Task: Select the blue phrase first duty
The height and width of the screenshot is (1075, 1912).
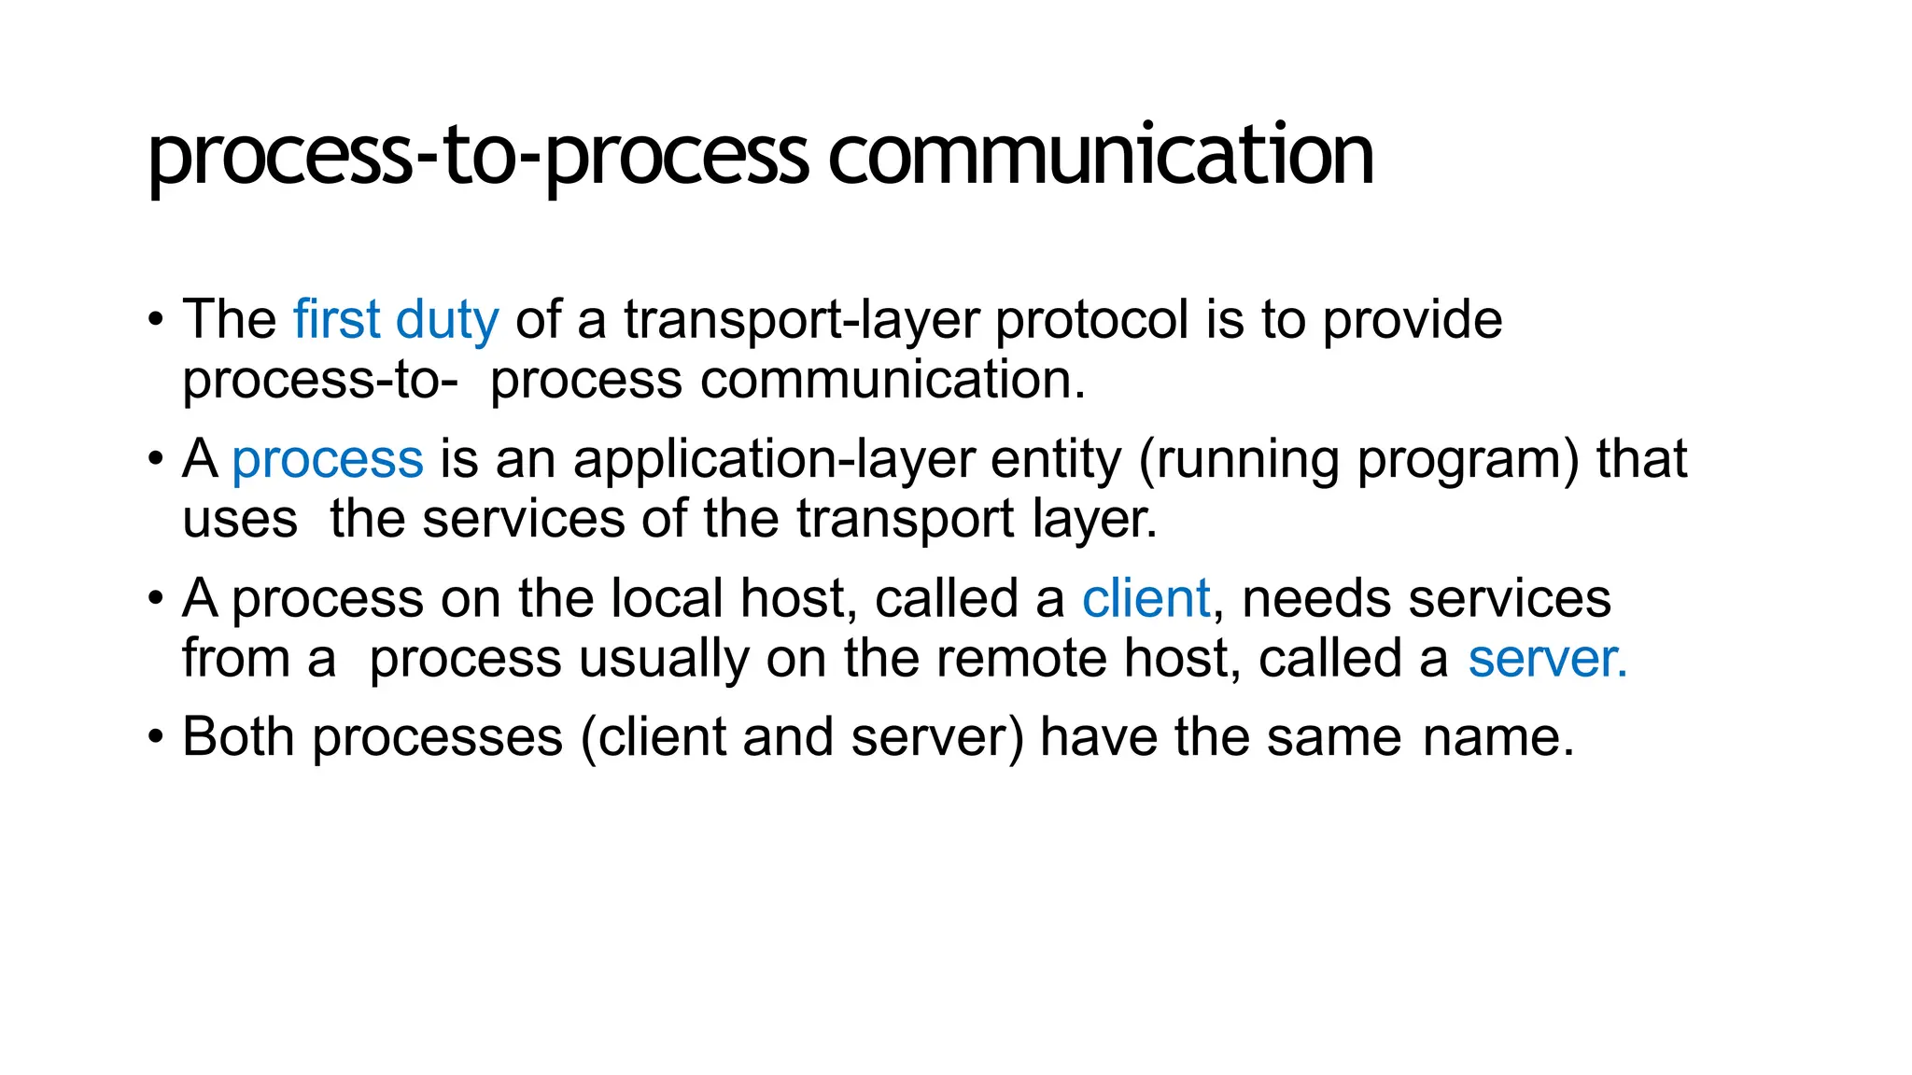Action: point(396,320)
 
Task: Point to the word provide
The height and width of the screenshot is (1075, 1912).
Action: point(1413,320)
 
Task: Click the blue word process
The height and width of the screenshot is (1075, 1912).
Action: point(327,460)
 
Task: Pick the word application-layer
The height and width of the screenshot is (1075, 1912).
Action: point(773,460)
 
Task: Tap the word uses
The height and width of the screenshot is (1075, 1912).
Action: point(240,520)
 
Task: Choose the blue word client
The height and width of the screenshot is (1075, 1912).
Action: point(1146,598)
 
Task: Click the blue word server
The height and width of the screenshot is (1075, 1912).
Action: point(1547,659)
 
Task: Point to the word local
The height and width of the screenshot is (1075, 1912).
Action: point(667,598)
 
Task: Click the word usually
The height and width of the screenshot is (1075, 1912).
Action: point(664,659)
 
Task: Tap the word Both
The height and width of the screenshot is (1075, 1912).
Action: point(238,737)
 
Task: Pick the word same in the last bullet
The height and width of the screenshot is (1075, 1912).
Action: point(1334,737)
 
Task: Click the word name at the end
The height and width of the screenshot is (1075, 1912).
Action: point(1491,737)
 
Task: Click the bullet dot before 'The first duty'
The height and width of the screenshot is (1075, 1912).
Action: point(156,320)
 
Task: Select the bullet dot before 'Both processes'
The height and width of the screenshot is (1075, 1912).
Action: point(156,737)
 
